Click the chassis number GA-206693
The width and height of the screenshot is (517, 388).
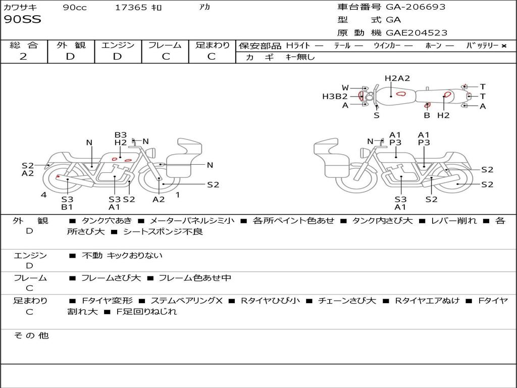coord(416,7)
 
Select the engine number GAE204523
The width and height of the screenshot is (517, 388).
coord(417,33)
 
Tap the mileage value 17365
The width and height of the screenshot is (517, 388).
coord(131,8)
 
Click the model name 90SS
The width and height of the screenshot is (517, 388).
coord(23,20)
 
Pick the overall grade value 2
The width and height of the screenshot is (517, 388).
coord(23,57)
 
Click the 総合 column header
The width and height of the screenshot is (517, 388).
coord(24,45)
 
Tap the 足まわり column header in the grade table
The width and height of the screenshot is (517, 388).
coord(213,45)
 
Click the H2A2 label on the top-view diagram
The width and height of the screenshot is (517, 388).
coord(397,78)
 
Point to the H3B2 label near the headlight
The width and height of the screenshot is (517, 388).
coord(335,96)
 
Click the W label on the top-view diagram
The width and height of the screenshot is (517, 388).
coord(345,88)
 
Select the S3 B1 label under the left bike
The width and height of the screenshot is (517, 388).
coord(67,203)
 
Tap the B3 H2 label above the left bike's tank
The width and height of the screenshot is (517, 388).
coord(120,139)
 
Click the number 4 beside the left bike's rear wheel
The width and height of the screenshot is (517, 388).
coord(44,195)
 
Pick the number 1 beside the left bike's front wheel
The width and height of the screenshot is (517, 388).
coord(177,195)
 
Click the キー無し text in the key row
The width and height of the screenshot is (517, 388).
coord(300,57)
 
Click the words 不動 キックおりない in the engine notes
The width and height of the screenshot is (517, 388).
coord(122,256)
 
